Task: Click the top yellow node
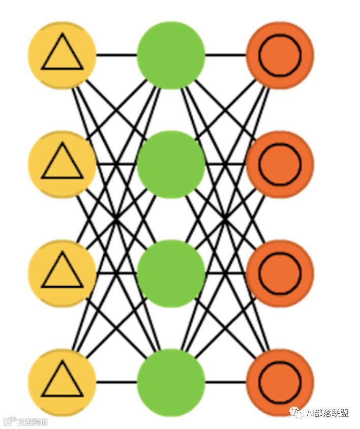[62, 55]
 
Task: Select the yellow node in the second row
[62, 164]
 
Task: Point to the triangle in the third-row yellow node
[62, 272]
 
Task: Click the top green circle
[171, 55]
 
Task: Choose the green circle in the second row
[171, 164]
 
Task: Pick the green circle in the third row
[171, 273]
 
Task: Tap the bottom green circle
[171, 382]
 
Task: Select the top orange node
[280, 55]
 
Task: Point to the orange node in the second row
[280, 164]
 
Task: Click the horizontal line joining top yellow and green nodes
[116, 55]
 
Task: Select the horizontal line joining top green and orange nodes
[226, 55]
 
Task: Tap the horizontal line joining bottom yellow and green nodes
[116, 382]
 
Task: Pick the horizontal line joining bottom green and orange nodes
[226, 382]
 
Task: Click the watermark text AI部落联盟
[326, 413]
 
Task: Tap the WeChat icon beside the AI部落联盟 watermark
[296, 413]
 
